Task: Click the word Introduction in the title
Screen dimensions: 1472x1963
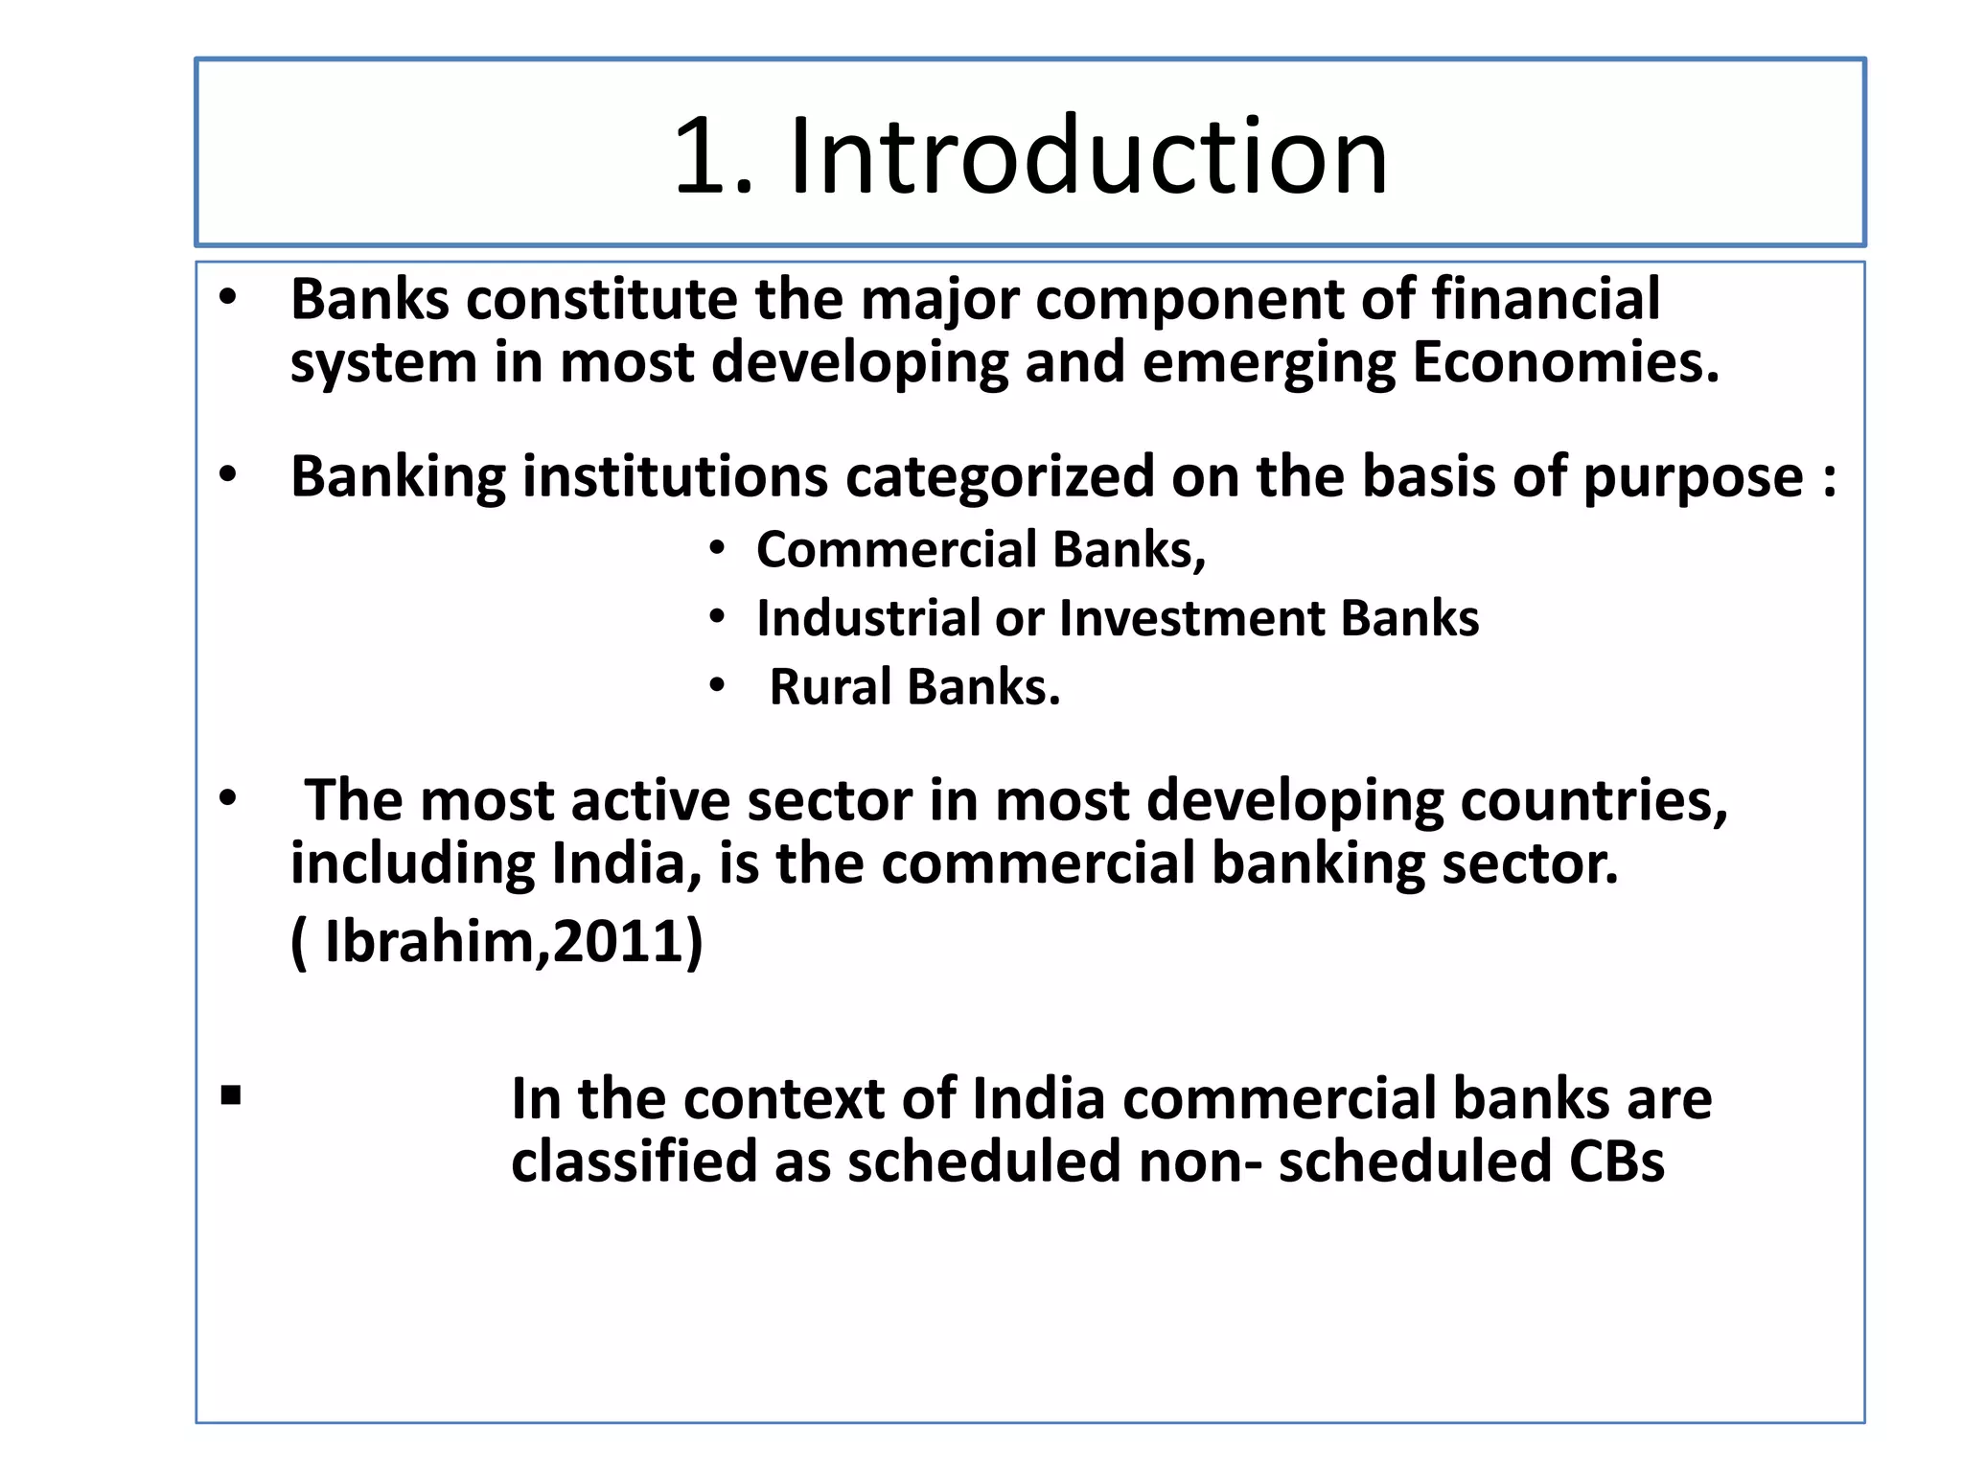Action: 1088,156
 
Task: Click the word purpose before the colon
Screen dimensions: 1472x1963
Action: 1693,478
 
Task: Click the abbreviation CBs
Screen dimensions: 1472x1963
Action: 1616,1161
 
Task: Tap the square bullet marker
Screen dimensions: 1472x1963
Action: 230,1094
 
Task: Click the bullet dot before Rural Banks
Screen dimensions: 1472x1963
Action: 717,686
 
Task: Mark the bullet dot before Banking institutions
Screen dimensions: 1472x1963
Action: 227,474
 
